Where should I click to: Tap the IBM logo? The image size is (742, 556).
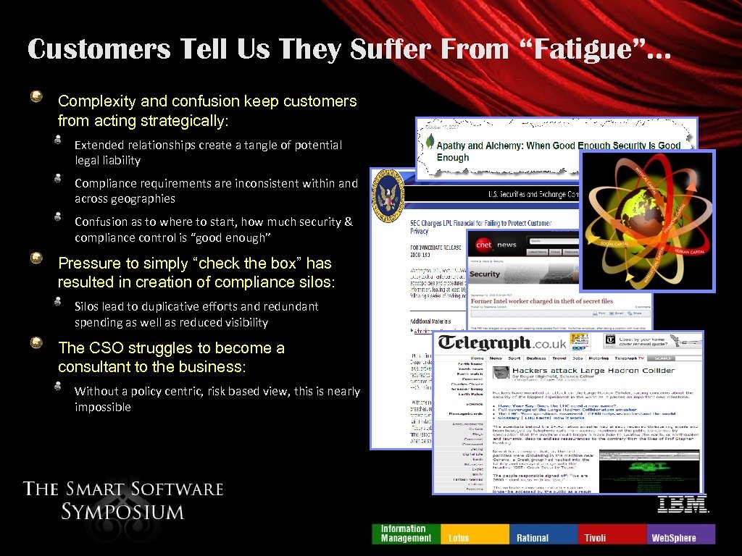(x=683, y=504)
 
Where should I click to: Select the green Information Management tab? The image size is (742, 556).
(x=406, y=534)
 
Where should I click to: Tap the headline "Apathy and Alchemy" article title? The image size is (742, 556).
(x=558, y=151)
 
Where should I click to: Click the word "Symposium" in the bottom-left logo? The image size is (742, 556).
(x=122, y=512)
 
